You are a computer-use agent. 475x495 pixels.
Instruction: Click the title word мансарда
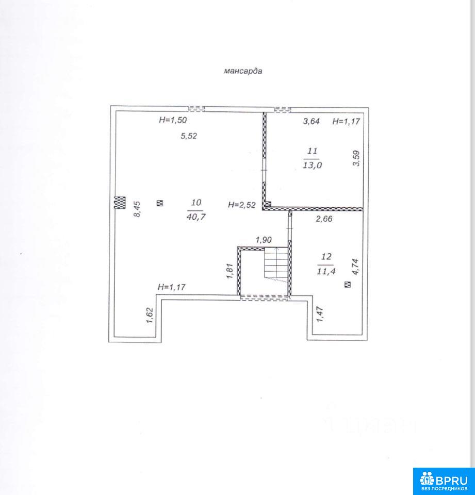(243, 71)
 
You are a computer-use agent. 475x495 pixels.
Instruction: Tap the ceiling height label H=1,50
(173, 120)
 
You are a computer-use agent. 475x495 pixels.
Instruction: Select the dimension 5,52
(189, 136)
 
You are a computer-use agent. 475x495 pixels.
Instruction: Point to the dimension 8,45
(138, 209)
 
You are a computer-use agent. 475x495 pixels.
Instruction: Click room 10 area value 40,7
(196, 217)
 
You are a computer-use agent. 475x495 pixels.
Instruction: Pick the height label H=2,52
(241, 205)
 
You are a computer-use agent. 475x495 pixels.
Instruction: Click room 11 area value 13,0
(313, 165)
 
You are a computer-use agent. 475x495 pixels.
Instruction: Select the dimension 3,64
(312, 121)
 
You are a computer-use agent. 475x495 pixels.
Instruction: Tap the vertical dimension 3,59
(356, 158)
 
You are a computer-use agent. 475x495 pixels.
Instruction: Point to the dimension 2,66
(324, 219)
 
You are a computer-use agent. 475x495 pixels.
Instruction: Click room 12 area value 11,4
(326, 271)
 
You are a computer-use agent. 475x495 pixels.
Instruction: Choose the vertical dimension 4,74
(356, 267)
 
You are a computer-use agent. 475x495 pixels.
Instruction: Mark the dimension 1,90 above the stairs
(264, 240)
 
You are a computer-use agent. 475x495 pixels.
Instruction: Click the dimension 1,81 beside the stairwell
(230, 271)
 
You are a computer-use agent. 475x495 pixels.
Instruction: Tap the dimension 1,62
(150, 316)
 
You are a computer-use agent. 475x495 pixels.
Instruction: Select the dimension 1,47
(320, 314)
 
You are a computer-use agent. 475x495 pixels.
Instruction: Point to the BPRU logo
(444, 481)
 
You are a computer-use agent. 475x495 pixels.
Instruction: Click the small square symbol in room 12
(348, 285)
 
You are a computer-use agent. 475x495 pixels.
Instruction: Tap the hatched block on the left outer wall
(120, 202)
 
